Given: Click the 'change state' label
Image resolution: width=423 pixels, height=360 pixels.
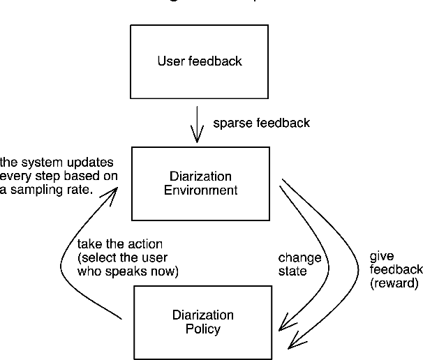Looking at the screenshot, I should click(299, 264).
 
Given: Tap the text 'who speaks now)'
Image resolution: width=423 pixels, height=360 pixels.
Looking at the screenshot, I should click(128, 272).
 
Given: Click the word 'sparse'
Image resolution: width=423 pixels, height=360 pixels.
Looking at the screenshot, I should click(230, 123).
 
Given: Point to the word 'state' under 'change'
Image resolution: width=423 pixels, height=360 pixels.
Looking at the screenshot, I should click(292, 271).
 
